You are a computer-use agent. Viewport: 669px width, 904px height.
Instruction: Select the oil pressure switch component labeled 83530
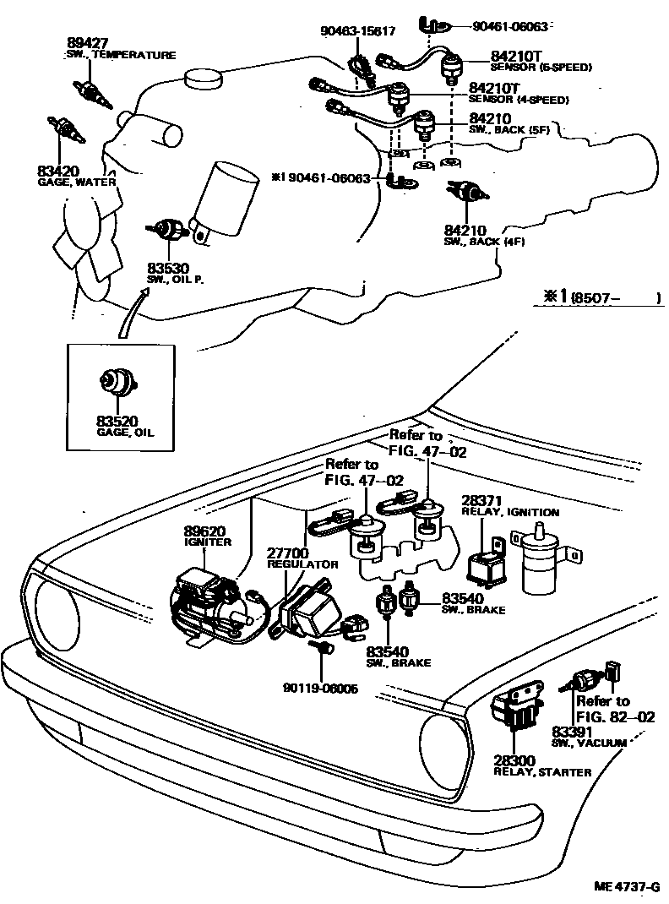tap(172, 229)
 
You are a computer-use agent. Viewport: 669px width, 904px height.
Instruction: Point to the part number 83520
tap(116, 420)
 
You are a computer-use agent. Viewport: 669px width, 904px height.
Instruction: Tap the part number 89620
tap(204, 531)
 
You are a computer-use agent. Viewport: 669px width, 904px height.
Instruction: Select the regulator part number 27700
tap(286, 553)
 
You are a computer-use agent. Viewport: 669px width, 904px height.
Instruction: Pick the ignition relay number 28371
tap(480, 501)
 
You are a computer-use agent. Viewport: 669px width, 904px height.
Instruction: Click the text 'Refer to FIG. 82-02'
tap(603, 708)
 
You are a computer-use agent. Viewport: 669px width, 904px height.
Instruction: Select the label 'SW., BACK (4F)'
tap(486, 241)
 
